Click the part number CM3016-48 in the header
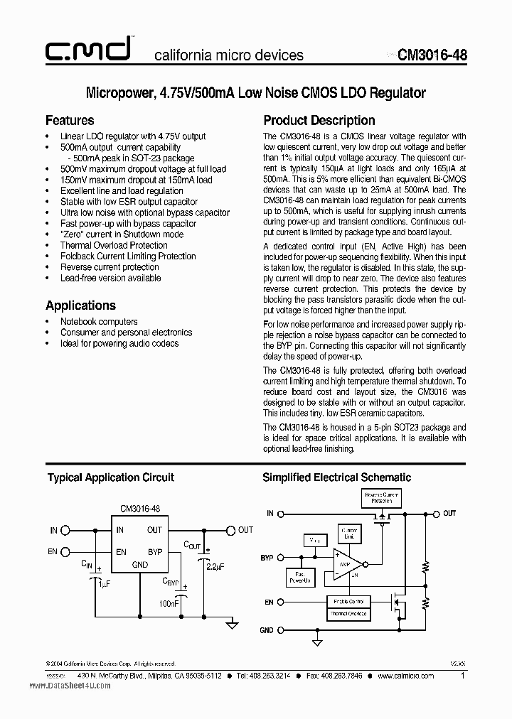[432, 55]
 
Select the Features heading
[70, 120]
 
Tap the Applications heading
[80, 306]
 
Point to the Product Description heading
[319, 120]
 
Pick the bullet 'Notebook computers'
[99, 321]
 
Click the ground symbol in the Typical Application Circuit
[231, 625]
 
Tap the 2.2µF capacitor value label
[214, 566]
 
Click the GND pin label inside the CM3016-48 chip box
[139, 565]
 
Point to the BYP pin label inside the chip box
[154, 552]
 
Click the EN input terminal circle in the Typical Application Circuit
[65, 552]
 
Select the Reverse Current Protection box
[381, 497]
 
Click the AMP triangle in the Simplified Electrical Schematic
[348, 564]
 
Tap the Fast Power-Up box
[299, 579]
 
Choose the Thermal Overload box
[348, 614]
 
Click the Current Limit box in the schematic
[349, 534]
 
